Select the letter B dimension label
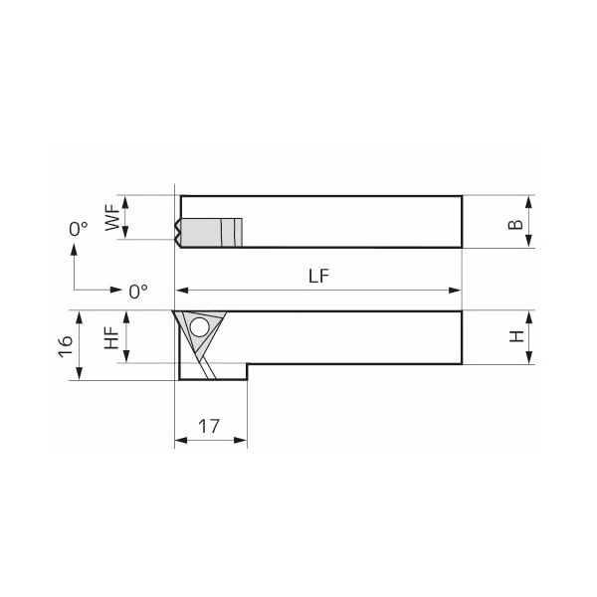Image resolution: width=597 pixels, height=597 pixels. tap(514, 222)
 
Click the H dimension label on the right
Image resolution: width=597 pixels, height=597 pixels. tap(515, 337)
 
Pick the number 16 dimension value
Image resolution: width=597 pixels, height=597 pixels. tap(65, 346)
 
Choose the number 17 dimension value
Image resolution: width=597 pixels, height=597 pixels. tap(209, 426)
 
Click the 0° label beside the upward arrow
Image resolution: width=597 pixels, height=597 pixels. tap(79, 229)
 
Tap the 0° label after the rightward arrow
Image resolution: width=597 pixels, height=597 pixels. tap(138, 292)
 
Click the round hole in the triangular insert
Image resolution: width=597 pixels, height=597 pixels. tap(200, 327)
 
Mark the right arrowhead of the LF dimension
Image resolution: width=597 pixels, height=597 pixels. tap(457, 291)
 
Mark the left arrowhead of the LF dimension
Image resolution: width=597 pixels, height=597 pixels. tap(181, 291)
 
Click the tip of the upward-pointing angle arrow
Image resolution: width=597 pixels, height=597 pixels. tap(75, 249)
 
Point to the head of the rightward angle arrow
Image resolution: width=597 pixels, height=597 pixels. tap(118, 291)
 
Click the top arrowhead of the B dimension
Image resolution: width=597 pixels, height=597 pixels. tap(529, 199)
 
